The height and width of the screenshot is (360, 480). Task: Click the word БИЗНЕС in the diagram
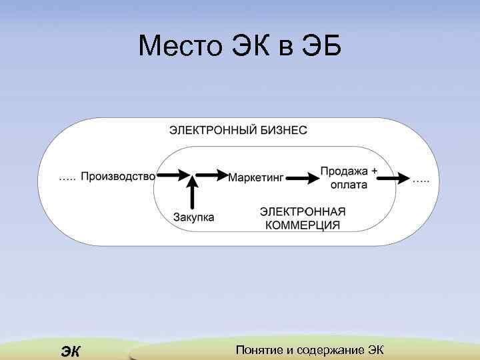click(283, 131)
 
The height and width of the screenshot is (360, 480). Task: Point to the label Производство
click(118, 177)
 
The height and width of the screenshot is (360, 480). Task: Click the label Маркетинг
click(256, 178)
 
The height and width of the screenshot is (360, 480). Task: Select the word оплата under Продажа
click(349, 185)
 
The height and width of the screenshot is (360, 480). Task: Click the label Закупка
click(194, 217)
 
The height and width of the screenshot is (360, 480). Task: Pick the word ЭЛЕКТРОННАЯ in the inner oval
click(303, 211)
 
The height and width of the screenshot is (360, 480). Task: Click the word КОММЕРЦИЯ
click(303, 225)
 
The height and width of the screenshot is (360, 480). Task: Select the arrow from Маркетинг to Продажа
click(303, 178)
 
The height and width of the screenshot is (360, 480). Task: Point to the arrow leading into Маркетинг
click(213, 175)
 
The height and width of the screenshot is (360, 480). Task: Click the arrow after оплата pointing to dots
click(395, 177)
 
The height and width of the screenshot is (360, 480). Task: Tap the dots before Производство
click(67, 179)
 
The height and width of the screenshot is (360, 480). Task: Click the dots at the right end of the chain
click(421, 180)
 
